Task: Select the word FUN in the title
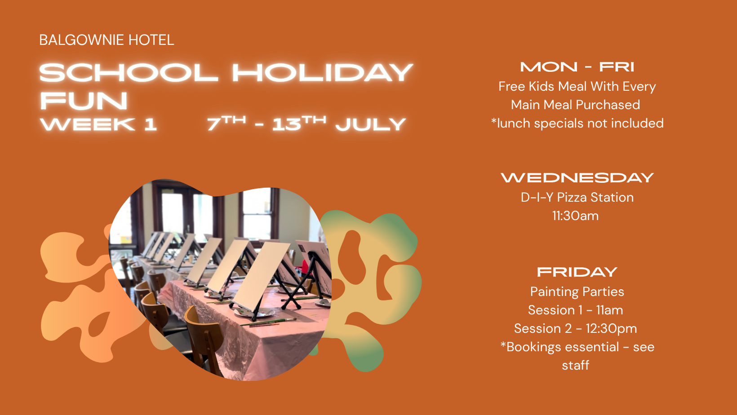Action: pos(84,101)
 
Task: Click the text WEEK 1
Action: pos(98,124)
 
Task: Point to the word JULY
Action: pos(370,124)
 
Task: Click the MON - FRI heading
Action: pos(577,67)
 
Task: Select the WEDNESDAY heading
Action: pos(577,178)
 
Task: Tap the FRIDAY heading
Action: pos(577,272)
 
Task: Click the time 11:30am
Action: pos(576,216)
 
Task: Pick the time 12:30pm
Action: pos(611,329)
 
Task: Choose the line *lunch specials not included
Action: pos(577,124)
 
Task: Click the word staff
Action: pos(576,365)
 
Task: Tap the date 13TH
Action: pos(299,124)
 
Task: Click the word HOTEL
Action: pos(151,40)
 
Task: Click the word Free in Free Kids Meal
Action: pos(511,87)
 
